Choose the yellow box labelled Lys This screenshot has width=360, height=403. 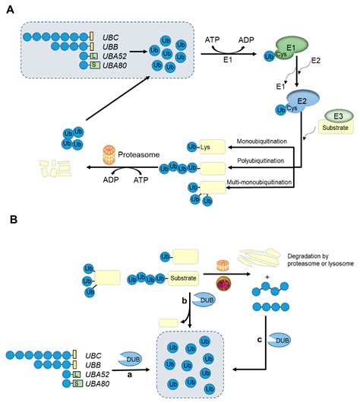[212, 144]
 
